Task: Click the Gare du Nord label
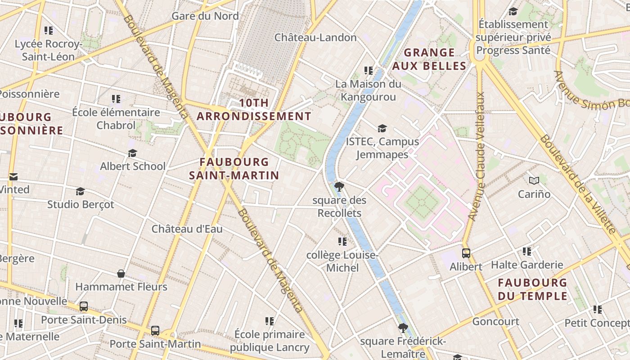(205, 16)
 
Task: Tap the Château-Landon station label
(315, 37)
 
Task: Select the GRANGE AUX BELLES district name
(429, 59)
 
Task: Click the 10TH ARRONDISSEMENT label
(254, 109)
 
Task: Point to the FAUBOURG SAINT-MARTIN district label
(234, 168)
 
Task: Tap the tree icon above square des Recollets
(339, 186)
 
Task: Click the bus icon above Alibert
(466, 253)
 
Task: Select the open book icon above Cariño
(534, 180)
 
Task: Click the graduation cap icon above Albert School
(132, 153)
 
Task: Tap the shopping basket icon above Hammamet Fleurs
(121, 274)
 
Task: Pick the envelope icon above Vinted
(13, 177)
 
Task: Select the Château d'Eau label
(187, 229)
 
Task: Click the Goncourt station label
(495, 321)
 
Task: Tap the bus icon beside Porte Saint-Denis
(84, 306)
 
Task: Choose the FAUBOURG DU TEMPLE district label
(533, 289)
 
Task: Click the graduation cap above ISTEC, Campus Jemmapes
(382, 129)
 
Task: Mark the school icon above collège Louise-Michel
(342, 242)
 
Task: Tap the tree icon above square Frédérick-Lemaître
(403, 328)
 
